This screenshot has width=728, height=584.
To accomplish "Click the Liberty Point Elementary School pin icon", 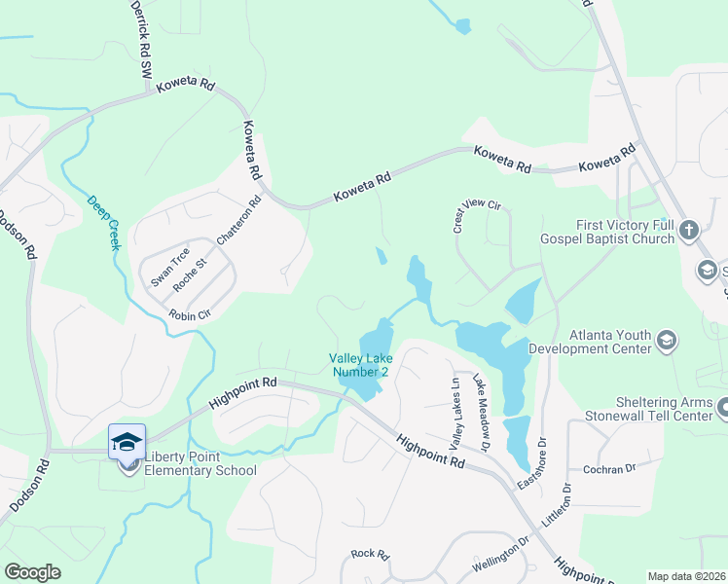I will point(127,444).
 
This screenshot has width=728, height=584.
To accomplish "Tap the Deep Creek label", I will point(102,223).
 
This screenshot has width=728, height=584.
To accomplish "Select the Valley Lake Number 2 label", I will point(360,365).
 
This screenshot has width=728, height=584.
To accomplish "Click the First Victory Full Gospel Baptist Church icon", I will point(689,231).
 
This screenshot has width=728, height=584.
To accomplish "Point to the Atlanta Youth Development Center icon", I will point(667,340).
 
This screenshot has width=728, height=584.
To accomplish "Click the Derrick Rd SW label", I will point(141,40).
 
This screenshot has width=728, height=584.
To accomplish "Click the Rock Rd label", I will point(370,554).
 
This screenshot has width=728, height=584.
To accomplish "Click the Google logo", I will point(33,572).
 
